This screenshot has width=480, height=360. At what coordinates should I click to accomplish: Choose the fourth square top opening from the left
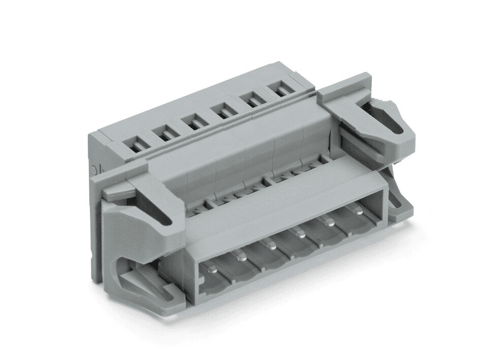(x=222, y=110)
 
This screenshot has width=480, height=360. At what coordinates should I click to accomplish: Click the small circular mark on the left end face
(x=93, y=170)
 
